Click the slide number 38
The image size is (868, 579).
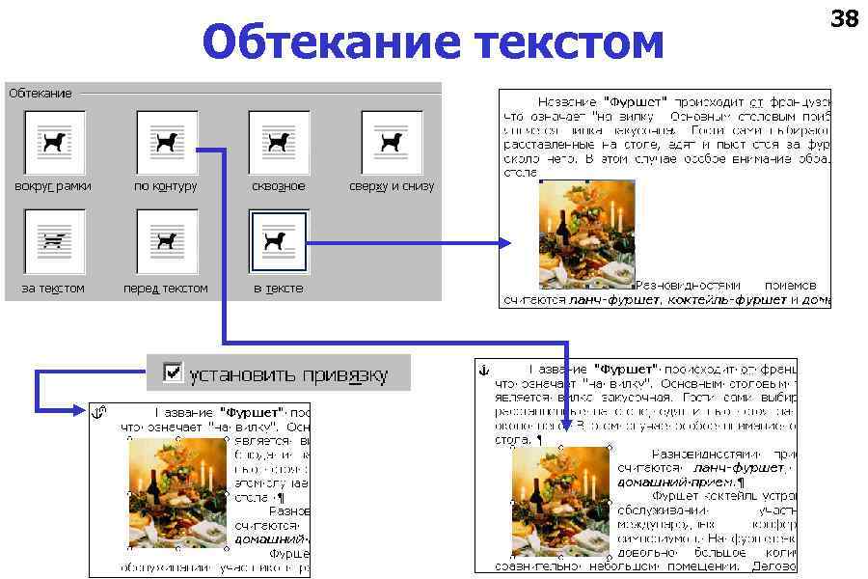click(x=844, y=18)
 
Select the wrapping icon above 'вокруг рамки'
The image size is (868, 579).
click(x=54, y=142)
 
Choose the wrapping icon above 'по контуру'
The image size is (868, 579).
click(x=167, y=142)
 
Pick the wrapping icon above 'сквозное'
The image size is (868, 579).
click(x=279, y=142)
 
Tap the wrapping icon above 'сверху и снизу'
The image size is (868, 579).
click(x=392, y=142)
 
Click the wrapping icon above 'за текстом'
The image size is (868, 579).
click(x=54, y=241)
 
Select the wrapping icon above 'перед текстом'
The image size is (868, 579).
click(x=167, y=241)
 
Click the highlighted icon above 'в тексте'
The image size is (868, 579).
click(x=279, y=241)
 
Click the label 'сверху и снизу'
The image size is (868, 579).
click(x=392, y=186)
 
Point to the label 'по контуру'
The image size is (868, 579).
click(x=166, y=186)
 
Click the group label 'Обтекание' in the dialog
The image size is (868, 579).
click(x=41, y=94)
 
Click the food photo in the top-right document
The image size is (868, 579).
click(x=586, y=234)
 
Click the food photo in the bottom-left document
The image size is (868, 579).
click(x=177, y=492)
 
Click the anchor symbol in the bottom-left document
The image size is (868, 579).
click(x=98, y=414)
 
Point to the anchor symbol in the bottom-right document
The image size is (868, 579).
click(x=485, y=370)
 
